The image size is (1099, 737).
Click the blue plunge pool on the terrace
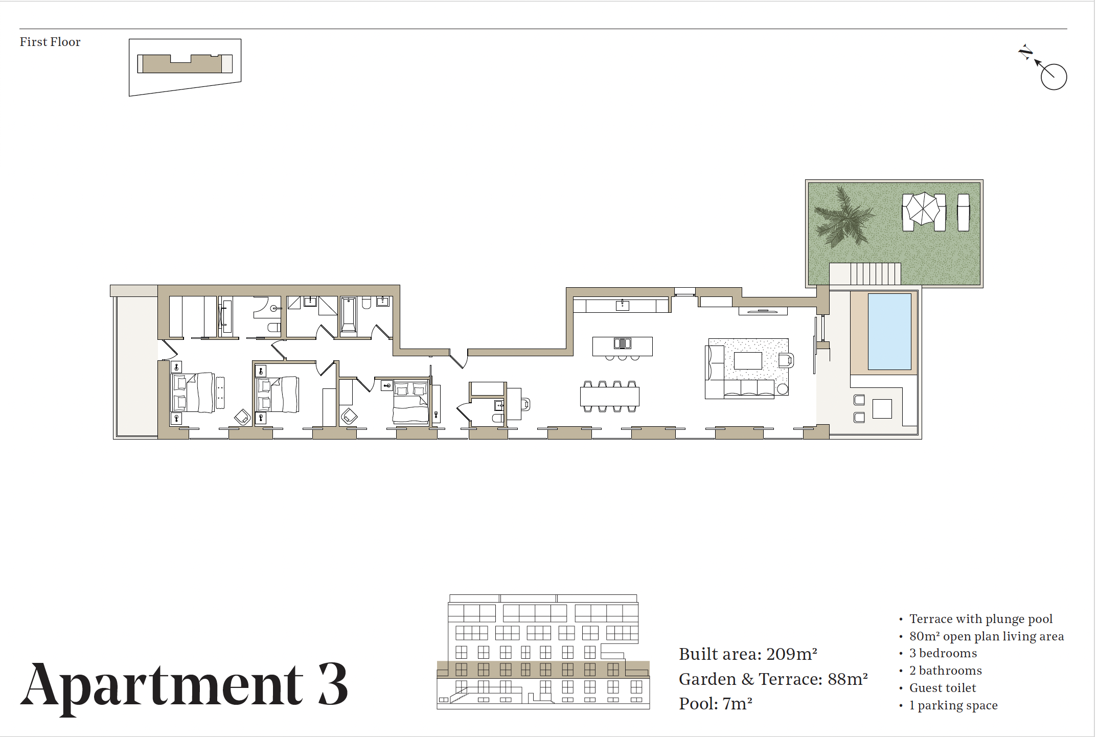889,331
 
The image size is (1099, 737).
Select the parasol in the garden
924,209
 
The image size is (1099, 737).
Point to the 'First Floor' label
50,42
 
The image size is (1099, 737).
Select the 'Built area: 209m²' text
748,654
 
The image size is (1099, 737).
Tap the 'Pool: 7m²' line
716,704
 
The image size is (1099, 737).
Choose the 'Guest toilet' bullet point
943,688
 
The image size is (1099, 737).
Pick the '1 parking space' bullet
953,705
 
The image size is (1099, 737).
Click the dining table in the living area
609,396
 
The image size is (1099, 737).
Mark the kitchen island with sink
622,346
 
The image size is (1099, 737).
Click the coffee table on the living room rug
748,361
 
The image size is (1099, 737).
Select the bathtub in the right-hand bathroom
349,314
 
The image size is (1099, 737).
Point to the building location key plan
185,67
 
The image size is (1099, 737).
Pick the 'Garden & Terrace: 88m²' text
773,679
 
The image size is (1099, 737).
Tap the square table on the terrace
882,409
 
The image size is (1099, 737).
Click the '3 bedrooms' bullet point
943,653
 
